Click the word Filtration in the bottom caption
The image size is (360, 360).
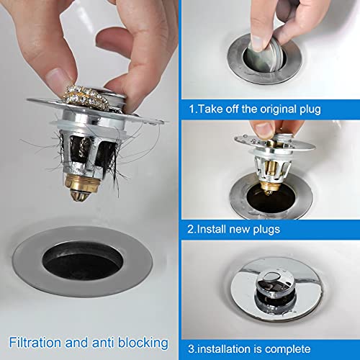click(37, 342)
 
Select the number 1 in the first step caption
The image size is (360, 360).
click(192, 110)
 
